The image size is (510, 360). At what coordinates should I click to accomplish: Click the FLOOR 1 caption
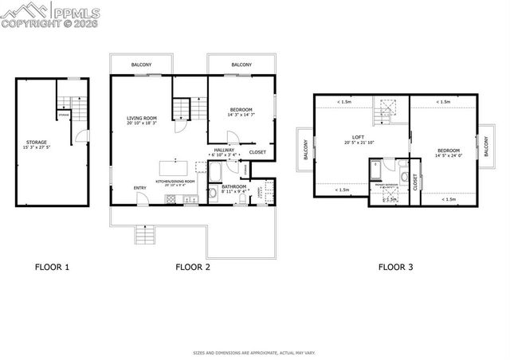(52, 267)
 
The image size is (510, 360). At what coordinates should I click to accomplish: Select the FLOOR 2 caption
(193, 267)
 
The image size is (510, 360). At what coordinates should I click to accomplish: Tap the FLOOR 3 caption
(395, 267)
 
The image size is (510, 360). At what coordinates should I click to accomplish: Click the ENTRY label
(139, 188)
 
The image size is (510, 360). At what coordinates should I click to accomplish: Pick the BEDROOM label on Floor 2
(241, 110)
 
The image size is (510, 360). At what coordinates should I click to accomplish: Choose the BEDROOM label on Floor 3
(448, 150)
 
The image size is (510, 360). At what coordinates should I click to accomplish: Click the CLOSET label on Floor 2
(257, 151)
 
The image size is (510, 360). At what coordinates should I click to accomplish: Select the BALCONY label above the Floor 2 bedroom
(241, 65)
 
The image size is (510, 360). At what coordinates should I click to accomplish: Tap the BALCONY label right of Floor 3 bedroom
(486, 148)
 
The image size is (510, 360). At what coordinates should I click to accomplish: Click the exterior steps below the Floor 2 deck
(144, 236)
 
